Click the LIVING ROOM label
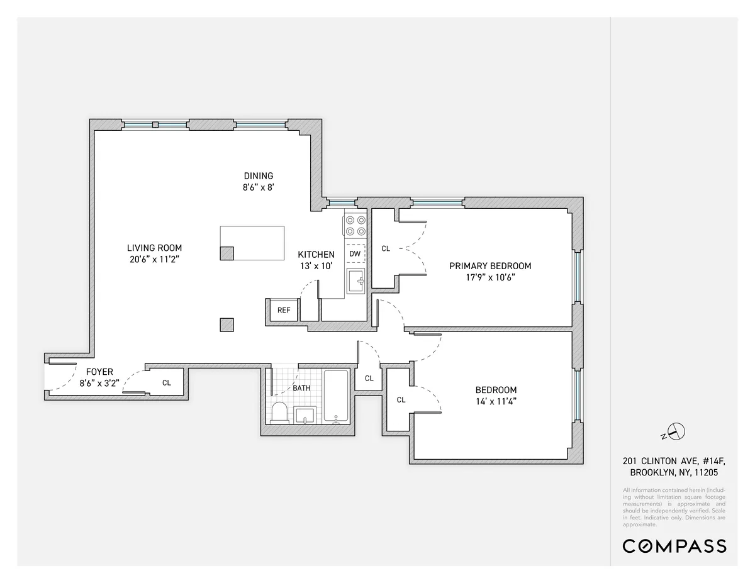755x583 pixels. tap(154, 248)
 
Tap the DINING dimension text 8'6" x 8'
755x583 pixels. tap(258, 187)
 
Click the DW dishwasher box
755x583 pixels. tap(355, 253)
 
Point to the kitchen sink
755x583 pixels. tap(356, 280)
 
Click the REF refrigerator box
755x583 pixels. tap(284, 309)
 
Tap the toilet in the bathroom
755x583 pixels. tap(279, 413)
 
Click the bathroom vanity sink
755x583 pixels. tap(306, 415)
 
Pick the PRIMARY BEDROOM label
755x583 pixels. tap(490, 266)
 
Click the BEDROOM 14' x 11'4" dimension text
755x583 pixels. tap(496, 401)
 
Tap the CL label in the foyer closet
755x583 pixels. tap(167, 382)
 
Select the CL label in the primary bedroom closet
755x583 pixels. tap(386, 248)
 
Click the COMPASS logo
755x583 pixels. tap(674, 546)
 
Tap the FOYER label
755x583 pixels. tap(99, 372)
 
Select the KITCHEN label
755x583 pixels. tap(316, 254)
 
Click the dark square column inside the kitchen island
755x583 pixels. tap(226, 253)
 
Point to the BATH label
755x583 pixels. tap(301, 388)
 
